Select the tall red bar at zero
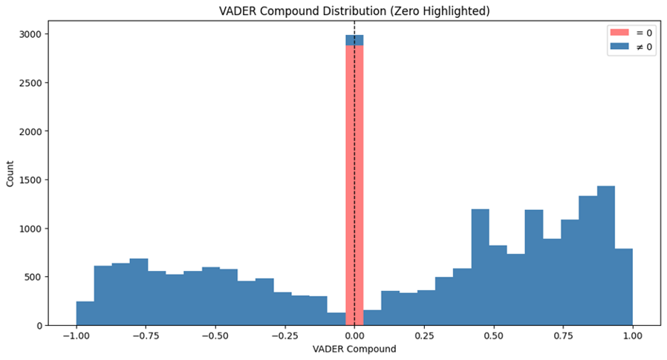[354, 186]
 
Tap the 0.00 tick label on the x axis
[354, 335]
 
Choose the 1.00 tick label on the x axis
[632, 335]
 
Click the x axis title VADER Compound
[354, 348]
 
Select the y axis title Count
[10, 180]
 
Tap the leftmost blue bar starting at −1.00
[85, 314]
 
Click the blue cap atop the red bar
[354, 40]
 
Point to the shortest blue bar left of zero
[336, 319]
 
